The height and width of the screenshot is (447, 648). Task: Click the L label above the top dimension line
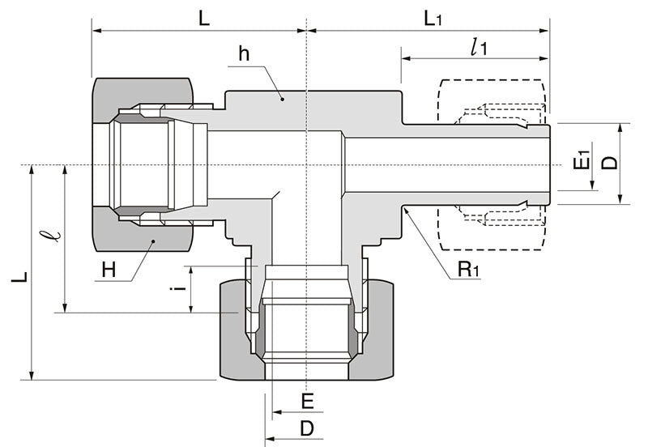tap(203, 18)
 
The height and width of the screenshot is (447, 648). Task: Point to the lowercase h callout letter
tap(243, 55)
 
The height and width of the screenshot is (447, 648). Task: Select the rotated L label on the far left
tap(19, 276)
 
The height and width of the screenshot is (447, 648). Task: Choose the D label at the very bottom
tap(306, 428)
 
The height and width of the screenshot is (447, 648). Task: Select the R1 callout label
tap(468, 270)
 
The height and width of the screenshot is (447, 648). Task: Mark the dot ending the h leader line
tap(283, 99)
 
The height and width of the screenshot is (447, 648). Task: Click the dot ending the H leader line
tap(152, 241)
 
